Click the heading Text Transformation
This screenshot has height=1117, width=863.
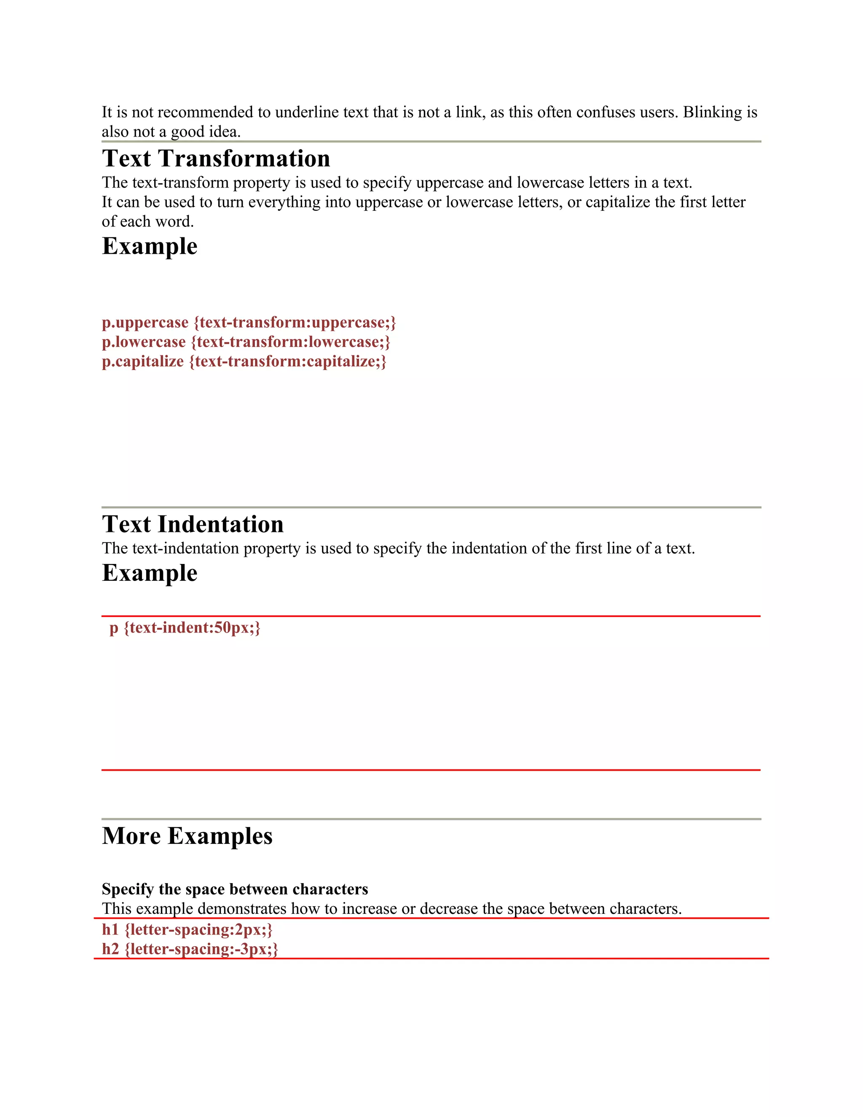click(216, 158)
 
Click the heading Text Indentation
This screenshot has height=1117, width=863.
click(193, 524)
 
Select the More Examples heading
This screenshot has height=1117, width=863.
click(187, 836)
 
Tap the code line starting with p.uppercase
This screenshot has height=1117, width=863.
click(249, 323)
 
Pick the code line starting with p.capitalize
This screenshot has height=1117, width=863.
click(244, 362)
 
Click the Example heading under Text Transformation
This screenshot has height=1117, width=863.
click(149, 246)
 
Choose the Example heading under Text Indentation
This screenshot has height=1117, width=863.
click(149, 573)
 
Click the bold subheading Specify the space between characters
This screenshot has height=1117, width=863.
click(235, 889)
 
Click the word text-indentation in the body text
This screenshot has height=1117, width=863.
click(185, 549)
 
